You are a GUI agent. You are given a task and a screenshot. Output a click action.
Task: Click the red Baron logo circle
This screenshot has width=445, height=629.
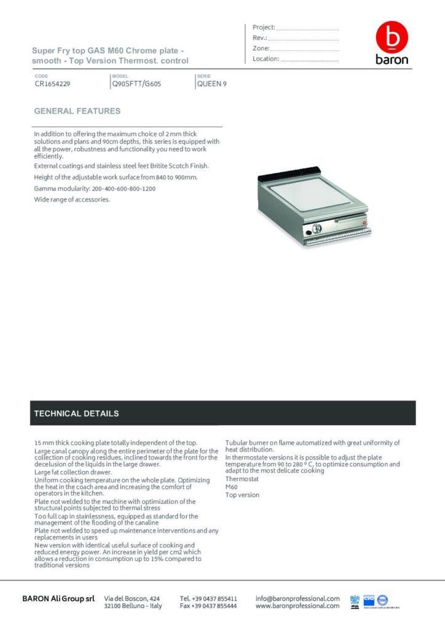point(392,38)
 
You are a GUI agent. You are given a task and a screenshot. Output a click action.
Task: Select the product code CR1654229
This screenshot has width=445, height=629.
point(53,84)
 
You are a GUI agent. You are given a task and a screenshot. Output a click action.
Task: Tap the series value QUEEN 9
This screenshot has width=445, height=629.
point(211,84)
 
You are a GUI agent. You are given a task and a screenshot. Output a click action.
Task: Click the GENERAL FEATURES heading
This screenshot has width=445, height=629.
point(77,111)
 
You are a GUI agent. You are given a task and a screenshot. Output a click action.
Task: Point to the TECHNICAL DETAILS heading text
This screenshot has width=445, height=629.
point(76,413)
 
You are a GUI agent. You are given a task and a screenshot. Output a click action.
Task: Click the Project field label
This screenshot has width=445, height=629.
point(264,27)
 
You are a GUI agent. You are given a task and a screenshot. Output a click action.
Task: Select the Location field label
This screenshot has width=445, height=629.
point(266,59)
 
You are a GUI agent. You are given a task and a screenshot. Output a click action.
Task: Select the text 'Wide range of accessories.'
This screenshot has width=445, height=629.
point(72,200)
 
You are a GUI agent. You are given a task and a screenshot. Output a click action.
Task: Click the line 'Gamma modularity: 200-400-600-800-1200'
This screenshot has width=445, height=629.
point(95,189)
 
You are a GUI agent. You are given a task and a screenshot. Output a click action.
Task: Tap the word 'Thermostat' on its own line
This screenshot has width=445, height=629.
point(242,479)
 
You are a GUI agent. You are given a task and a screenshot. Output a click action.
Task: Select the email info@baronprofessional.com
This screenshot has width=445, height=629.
point(297,598)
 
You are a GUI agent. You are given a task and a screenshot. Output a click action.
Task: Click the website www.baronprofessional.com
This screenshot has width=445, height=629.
point(297,606)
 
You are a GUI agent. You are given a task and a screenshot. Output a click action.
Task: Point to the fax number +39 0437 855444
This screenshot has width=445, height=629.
point(208,606)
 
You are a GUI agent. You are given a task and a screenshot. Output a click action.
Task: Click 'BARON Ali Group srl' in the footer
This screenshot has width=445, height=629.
point(58,598)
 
